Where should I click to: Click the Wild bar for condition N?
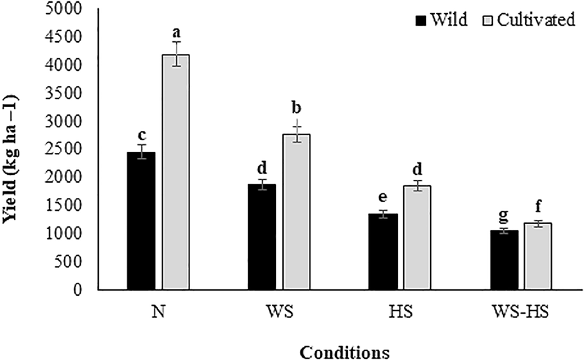[x=141, y=221]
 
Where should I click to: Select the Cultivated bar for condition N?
[x=176, y=172]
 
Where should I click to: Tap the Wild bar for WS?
[x=262, y=237]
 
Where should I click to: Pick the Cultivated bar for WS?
[x=297, y=212]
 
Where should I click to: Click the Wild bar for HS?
[x=383, y=252]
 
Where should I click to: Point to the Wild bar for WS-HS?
[x=504, y=260]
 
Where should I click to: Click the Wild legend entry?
[x=442, y=20]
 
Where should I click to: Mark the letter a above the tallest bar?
[x=176, y=30]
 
